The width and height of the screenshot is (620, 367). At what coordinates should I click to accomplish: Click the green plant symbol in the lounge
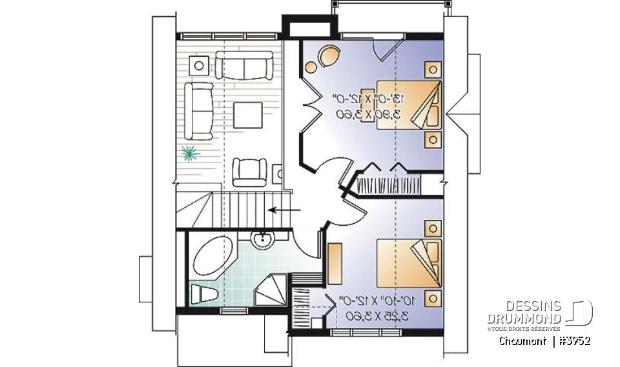(189, 153)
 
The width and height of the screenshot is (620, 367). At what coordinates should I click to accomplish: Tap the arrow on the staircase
(285, 210)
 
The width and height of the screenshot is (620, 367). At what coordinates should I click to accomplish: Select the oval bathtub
(214, 257)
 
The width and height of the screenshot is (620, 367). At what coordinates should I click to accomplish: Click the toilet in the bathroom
(203, 293)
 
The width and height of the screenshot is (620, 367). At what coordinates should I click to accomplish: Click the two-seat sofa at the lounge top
(242, 65)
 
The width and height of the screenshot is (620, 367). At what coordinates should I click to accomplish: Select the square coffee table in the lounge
(247, 115)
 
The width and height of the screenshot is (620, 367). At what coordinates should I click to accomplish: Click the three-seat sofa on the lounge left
(200, 110)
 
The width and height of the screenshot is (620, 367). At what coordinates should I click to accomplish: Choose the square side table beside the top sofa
(198, 64)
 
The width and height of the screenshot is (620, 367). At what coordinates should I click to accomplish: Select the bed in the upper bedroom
(409, 104)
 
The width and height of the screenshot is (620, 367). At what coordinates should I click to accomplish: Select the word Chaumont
(521, 341)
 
